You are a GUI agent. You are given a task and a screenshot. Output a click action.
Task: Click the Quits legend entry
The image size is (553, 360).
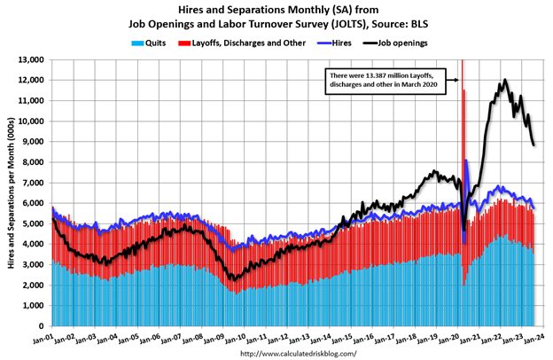(x=152, y=42)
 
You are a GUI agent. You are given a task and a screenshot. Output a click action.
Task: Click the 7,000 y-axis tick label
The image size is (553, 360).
(x=35, y=183)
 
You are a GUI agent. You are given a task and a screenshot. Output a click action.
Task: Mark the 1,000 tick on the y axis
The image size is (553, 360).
(x=35, y=306)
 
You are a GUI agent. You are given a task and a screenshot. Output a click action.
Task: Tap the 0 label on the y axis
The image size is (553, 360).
(x=44, y=326)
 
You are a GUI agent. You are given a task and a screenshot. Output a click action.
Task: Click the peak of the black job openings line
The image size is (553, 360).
(x=504, y=80)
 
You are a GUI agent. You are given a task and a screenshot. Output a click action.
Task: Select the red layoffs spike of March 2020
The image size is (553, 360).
(x=462, y=89)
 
